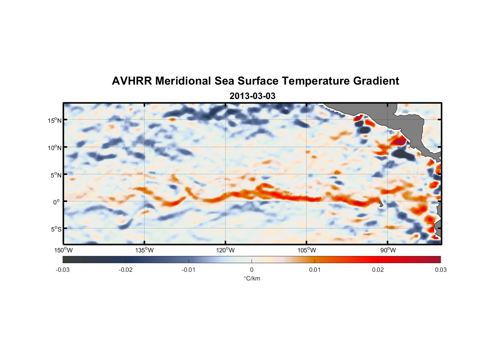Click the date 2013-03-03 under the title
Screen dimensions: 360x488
click(252, 96)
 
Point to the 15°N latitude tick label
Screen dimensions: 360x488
click(55, 120)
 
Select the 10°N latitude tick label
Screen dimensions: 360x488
click(55, 148)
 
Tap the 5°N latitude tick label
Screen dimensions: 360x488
click(56, 175)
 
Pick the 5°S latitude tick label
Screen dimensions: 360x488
click(56, 229)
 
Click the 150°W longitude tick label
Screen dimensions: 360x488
click(64, 250)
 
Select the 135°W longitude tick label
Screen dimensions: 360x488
click(145, 250)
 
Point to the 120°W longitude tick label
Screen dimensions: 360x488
click(226, 250)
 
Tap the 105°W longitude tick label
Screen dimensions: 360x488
click(307, 250)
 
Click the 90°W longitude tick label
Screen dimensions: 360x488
click(388, 250)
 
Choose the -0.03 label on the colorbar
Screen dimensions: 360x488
click(63, 270)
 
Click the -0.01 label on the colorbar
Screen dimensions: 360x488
click(189, 270)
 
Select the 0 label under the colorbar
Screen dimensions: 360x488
click(252, 270)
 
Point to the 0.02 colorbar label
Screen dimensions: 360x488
click(378, 270)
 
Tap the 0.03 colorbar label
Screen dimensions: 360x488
click(440, 270)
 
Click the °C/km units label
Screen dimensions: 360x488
click(252, 278)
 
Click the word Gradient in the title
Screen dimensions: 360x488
click(376, 81)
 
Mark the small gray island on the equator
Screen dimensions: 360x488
click(381, 204)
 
